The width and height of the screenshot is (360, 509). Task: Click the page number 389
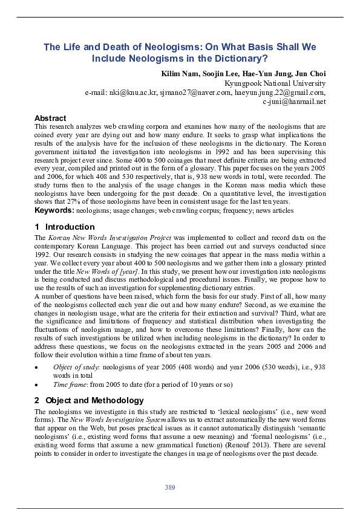tap(170, 487)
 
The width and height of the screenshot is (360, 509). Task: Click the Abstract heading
tap(50, 118)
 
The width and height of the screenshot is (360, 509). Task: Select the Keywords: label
tap(54, 210)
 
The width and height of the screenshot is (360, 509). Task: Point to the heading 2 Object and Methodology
tap(89, 400)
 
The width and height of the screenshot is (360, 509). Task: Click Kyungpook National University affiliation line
tap(275, 83)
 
